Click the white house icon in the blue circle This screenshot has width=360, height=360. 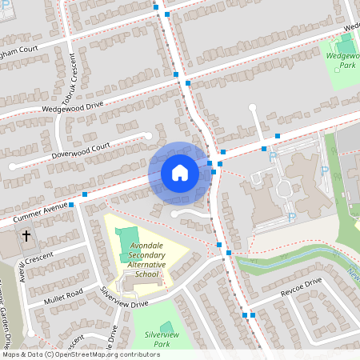[x=180, y=173]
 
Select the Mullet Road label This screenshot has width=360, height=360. [x=63, y=294]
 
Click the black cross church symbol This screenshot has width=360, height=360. [x=26, y=236]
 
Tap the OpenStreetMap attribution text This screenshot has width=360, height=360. [x=80, y=354]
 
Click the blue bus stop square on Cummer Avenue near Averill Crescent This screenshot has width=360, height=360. [x=71, y=205]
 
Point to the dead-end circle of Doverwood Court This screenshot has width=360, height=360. [x=13, y=166]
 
